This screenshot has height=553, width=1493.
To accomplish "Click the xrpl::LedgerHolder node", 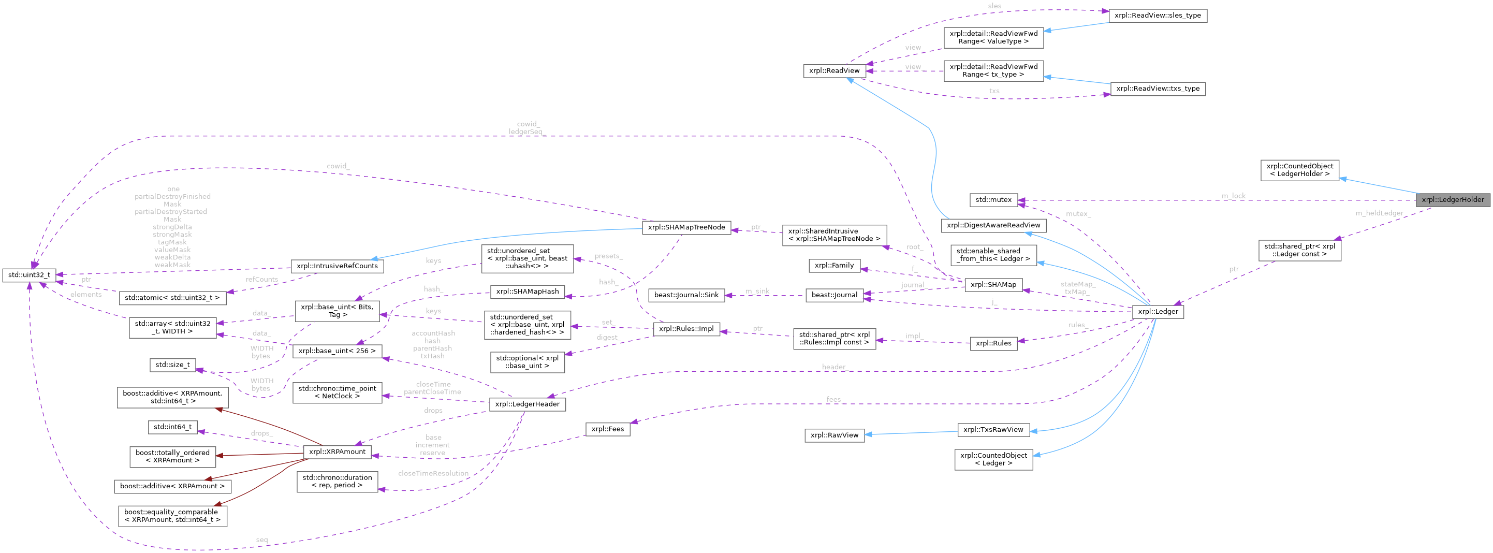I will pos(1453,199).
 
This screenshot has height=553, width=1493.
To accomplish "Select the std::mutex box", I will pos(993,199).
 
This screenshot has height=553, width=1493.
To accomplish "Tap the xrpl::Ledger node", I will pos(1158,311).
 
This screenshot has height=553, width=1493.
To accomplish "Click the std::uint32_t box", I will pos(29,275).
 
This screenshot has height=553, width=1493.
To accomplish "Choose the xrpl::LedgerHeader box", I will pos(527,404).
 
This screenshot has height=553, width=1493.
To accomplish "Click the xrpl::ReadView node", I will pos(834,71).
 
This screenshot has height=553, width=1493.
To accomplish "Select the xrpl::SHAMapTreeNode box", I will pos(686,227).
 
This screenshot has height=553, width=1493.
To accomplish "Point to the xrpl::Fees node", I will pos(607,429).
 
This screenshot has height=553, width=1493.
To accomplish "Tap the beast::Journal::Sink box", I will pos(686,295).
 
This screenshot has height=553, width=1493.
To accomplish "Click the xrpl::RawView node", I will pos(834,435).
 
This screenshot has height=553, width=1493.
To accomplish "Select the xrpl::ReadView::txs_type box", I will pos(1158,89).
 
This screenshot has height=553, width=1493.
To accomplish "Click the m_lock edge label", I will pos(1233,196).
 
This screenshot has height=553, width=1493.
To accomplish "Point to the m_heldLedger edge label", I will pos(1379,213).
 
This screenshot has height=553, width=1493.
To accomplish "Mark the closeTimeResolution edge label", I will pos(433,474).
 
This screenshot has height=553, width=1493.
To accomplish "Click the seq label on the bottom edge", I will pos(262,540).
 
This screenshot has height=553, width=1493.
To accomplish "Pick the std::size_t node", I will pos(172,365).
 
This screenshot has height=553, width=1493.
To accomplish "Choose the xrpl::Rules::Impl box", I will pos(686,329).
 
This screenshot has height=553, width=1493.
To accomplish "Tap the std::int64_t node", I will pos(172,427).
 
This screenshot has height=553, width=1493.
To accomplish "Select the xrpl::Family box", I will pos(834,266).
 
